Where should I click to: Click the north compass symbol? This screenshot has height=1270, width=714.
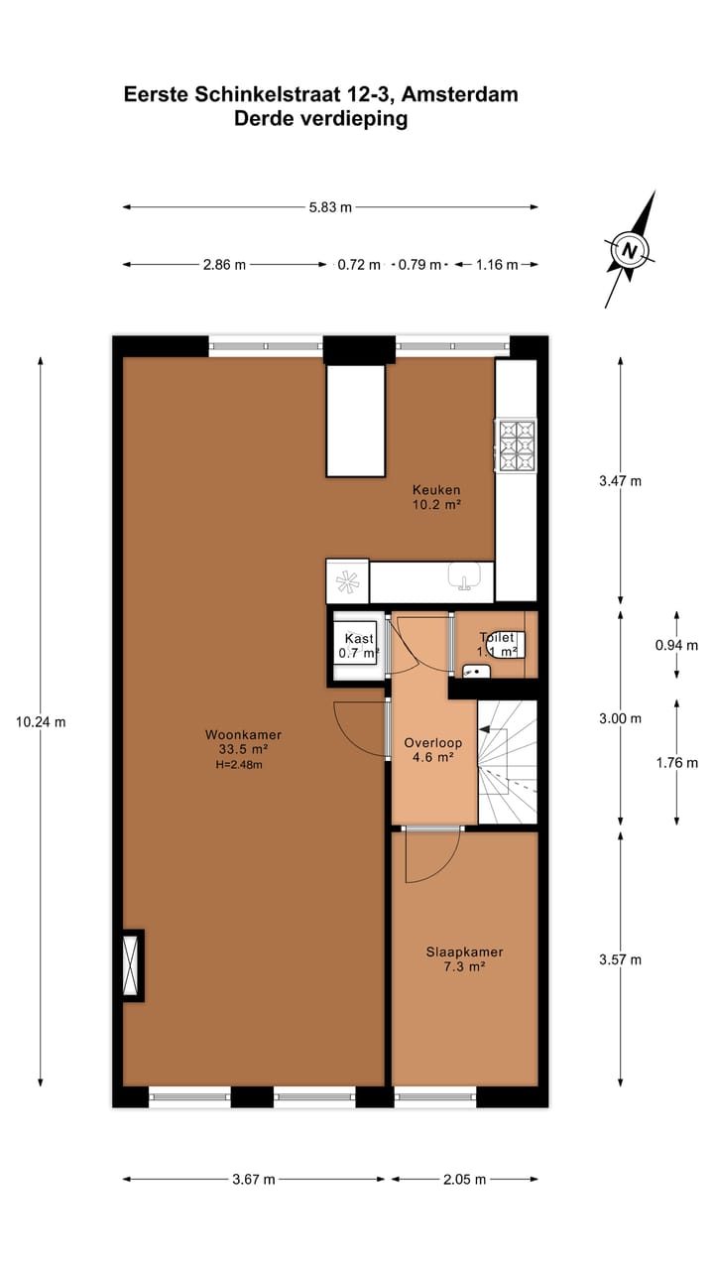pyautogui.click(x=629, y=250)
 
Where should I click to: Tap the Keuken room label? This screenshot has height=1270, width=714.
pyautogui.click(x=436, y=490)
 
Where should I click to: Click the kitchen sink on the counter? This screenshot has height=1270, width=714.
pyautogui.click(x=464, y=576)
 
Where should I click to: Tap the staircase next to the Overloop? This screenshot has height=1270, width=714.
pyautogui.click(x=508, y=761)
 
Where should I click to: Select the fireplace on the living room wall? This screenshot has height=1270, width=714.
pyautogui.click(x=132, y=964)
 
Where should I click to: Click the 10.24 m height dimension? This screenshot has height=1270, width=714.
pyautogui.click(x=41, y=722)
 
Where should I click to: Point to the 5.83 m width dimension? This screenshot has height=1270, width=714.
pyautogui.click(x=330, y=207)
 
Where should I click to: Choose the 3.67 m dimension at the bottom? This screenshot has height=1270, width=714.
pyautogui.click(x=253, y=1180)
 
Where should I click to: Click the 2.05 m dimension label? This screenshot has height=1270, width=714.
pyautogui.click(x=464, y=1180)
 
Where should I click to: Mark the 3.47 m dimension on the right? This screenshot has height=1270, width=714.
pyautogui.click(x=621, y=481)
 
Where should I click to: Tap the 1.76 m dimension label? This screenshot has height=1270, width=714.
pyautogui.click(x=677, y=763)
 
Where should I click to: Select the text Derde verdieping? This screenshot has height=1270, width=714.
pyautogui.click(x=320, y=119)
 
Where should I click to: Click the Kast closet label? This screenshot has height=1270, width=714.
pyautogui.click(x=358, y=639)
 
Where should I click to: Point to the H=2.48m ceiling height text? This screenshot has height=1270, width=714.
pyautogui.click(x=238, y=765)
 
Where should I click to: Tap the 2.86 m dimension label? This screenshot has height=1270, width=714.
pyautogui.click(x=224, y=265)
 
